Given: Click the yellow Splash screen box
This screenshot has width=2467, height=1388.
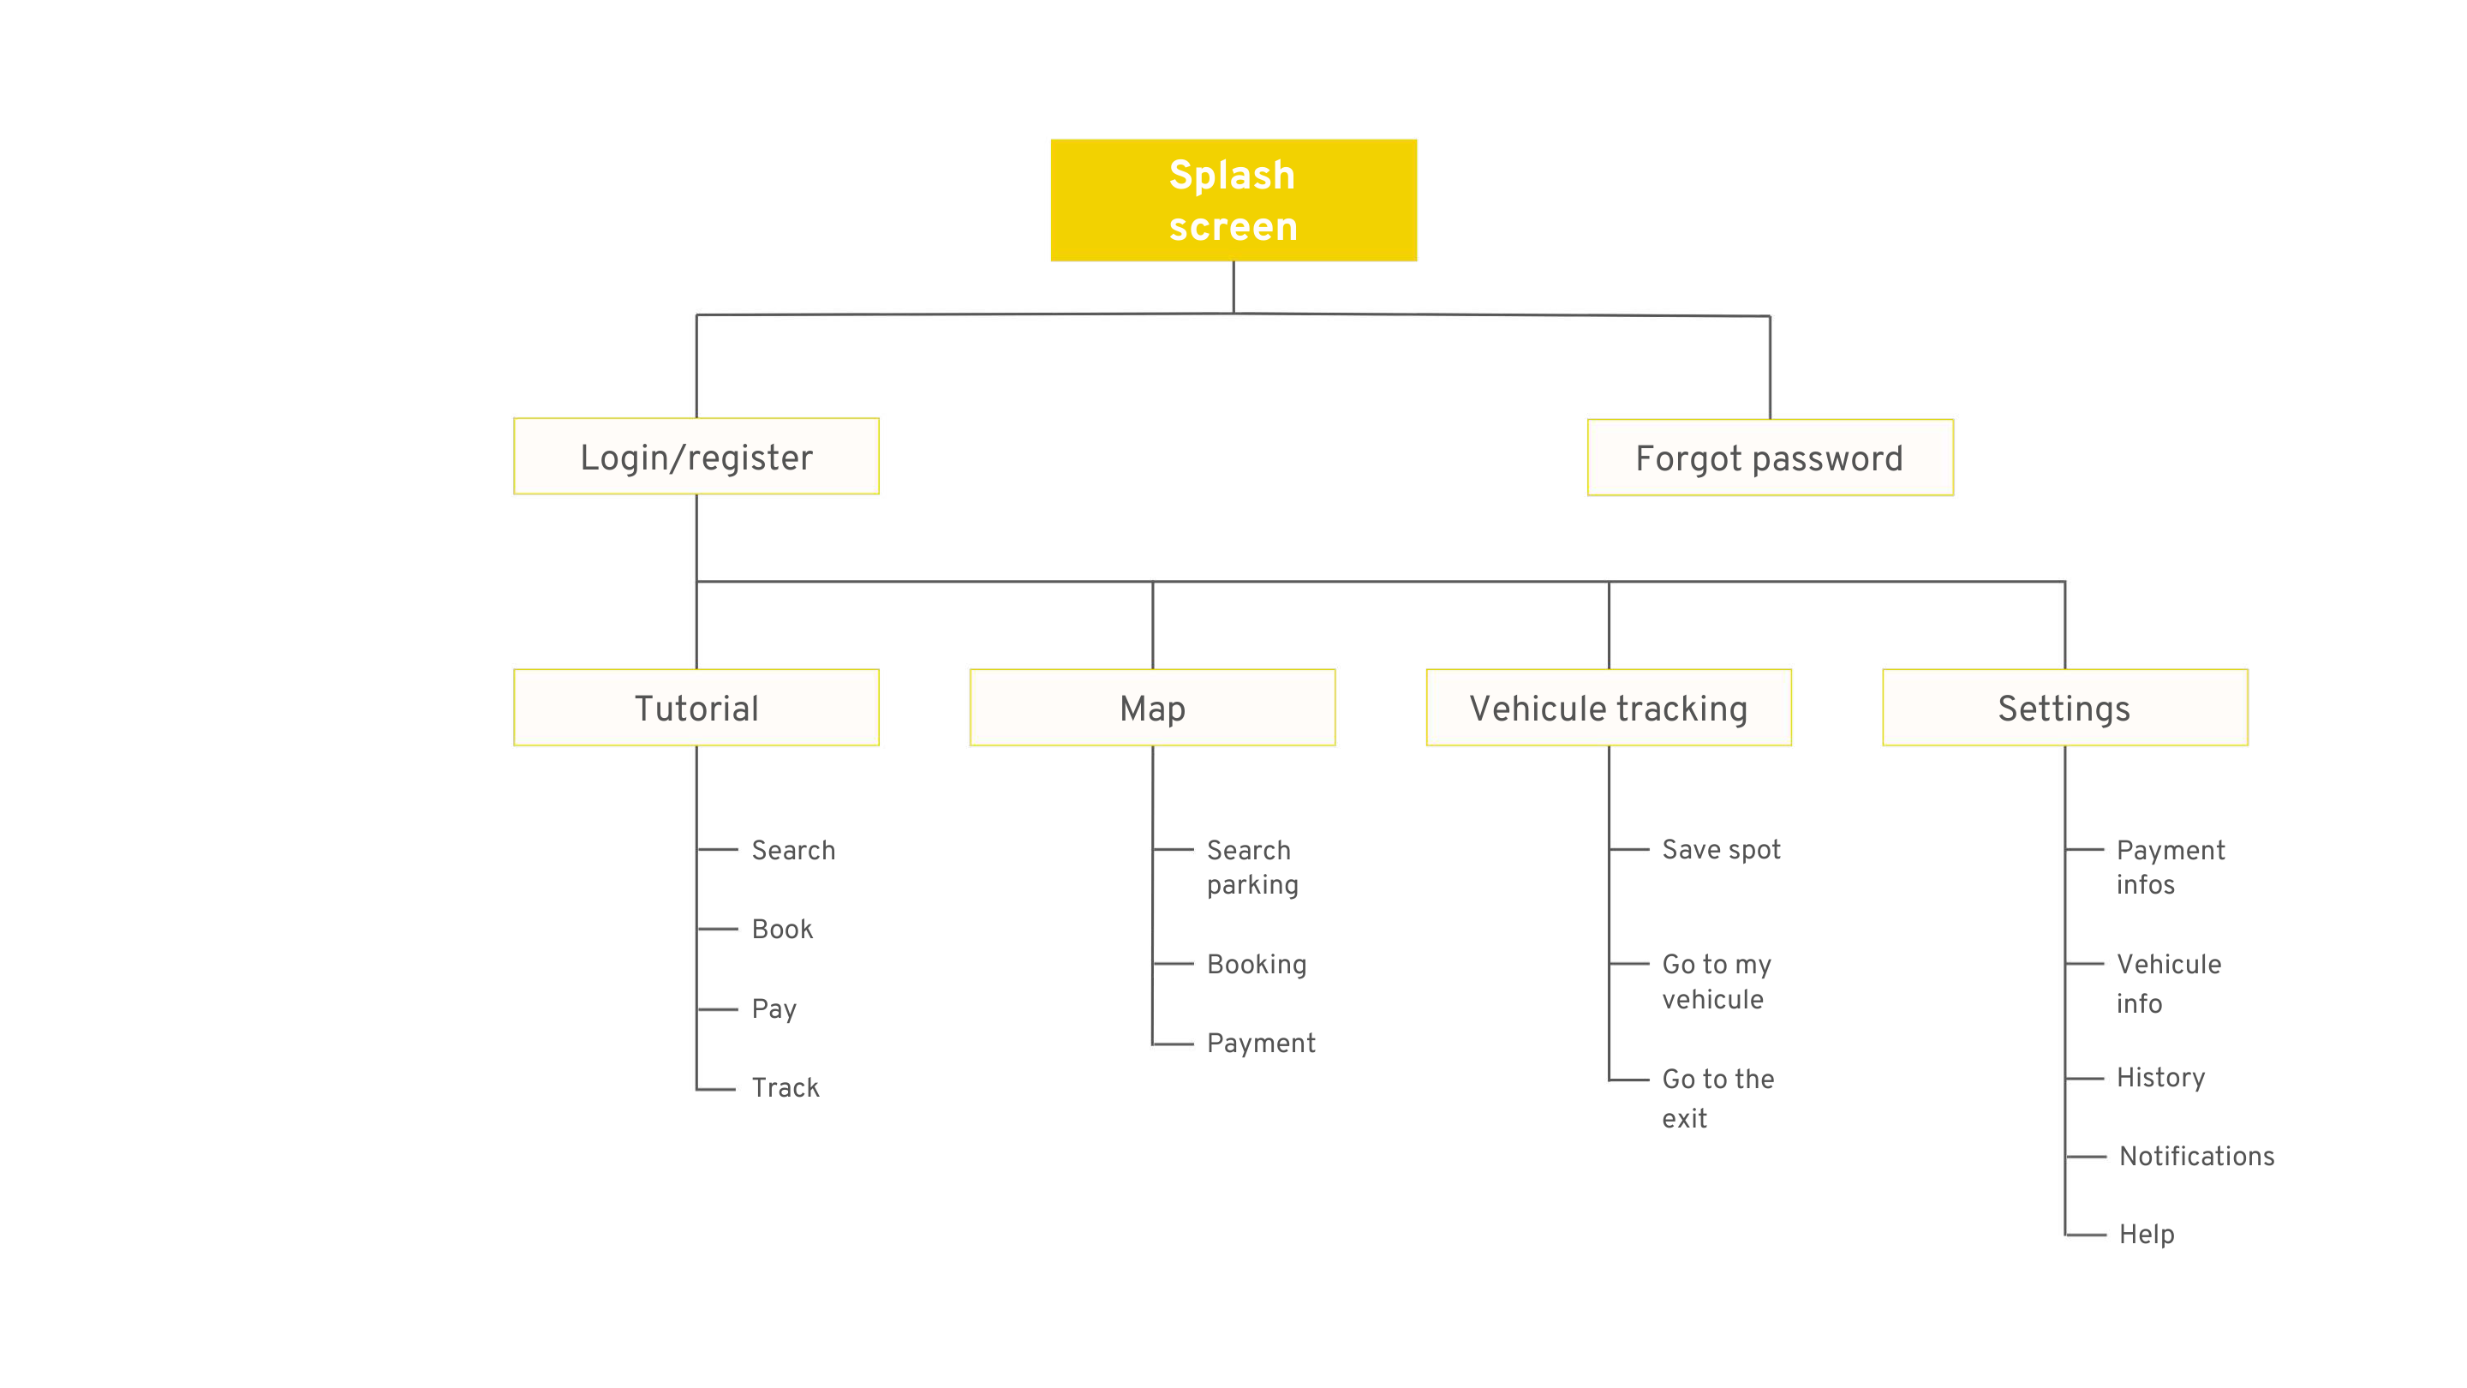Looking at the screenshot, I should coord(1233,200).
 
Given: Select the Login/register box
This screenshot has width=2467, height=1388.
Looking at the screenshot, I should coord(696,457).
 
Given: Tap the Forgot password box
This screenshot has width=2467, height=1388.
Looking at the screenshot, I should coord(1769,458).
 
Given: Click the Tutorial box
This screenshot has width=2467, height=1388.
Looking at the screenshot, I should coord(696,708).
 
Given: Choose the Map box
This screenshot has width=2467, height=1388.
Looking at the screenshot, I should coord(1152,708).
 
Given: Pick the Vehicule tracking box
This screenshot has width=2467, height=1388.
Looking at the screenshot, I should coord(1608,708).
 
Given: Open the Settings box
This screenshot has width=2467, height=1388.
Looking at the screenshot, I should coord(2064,708).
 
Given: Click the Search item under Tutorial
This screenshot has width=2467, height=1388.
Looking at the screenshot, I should coord(793,850).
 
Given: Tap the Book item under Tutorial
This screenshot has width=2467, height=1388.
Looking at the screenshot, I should coord(781,929).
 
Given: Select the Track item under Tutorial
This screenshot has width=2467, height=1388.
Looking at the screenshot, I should coord(785,1087).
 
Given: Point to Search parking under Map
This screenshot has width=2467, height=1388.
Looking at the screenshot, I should coord(1251,867).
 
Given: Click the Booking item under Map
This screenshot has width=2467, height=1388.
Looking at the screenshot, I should coord(1257,964).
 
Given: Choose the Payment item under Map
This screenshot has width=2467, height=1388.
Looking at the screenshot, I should coord(1260,1044).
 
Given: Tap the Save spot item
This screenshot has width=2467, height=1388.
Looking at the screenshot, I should coord(1720,850).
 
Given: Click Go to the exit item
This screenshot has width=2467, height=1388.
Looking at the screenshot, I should coord(1717,1098).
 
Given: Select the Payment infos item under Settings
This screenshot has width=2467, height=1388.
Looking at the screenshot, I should coord(2169,867).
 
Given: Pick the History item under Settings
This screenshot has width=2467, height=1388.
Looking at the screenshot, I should coord(2159,1078).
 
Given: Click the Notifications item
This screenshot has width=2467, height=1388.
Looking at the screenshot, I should coord(2196,1156).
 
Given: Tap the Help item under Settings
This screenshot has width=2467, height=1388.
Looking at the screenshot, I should coord(2145,1234).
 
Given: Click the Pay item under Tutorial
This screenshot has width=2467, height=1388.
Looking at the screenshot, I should coord(774,1008).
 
